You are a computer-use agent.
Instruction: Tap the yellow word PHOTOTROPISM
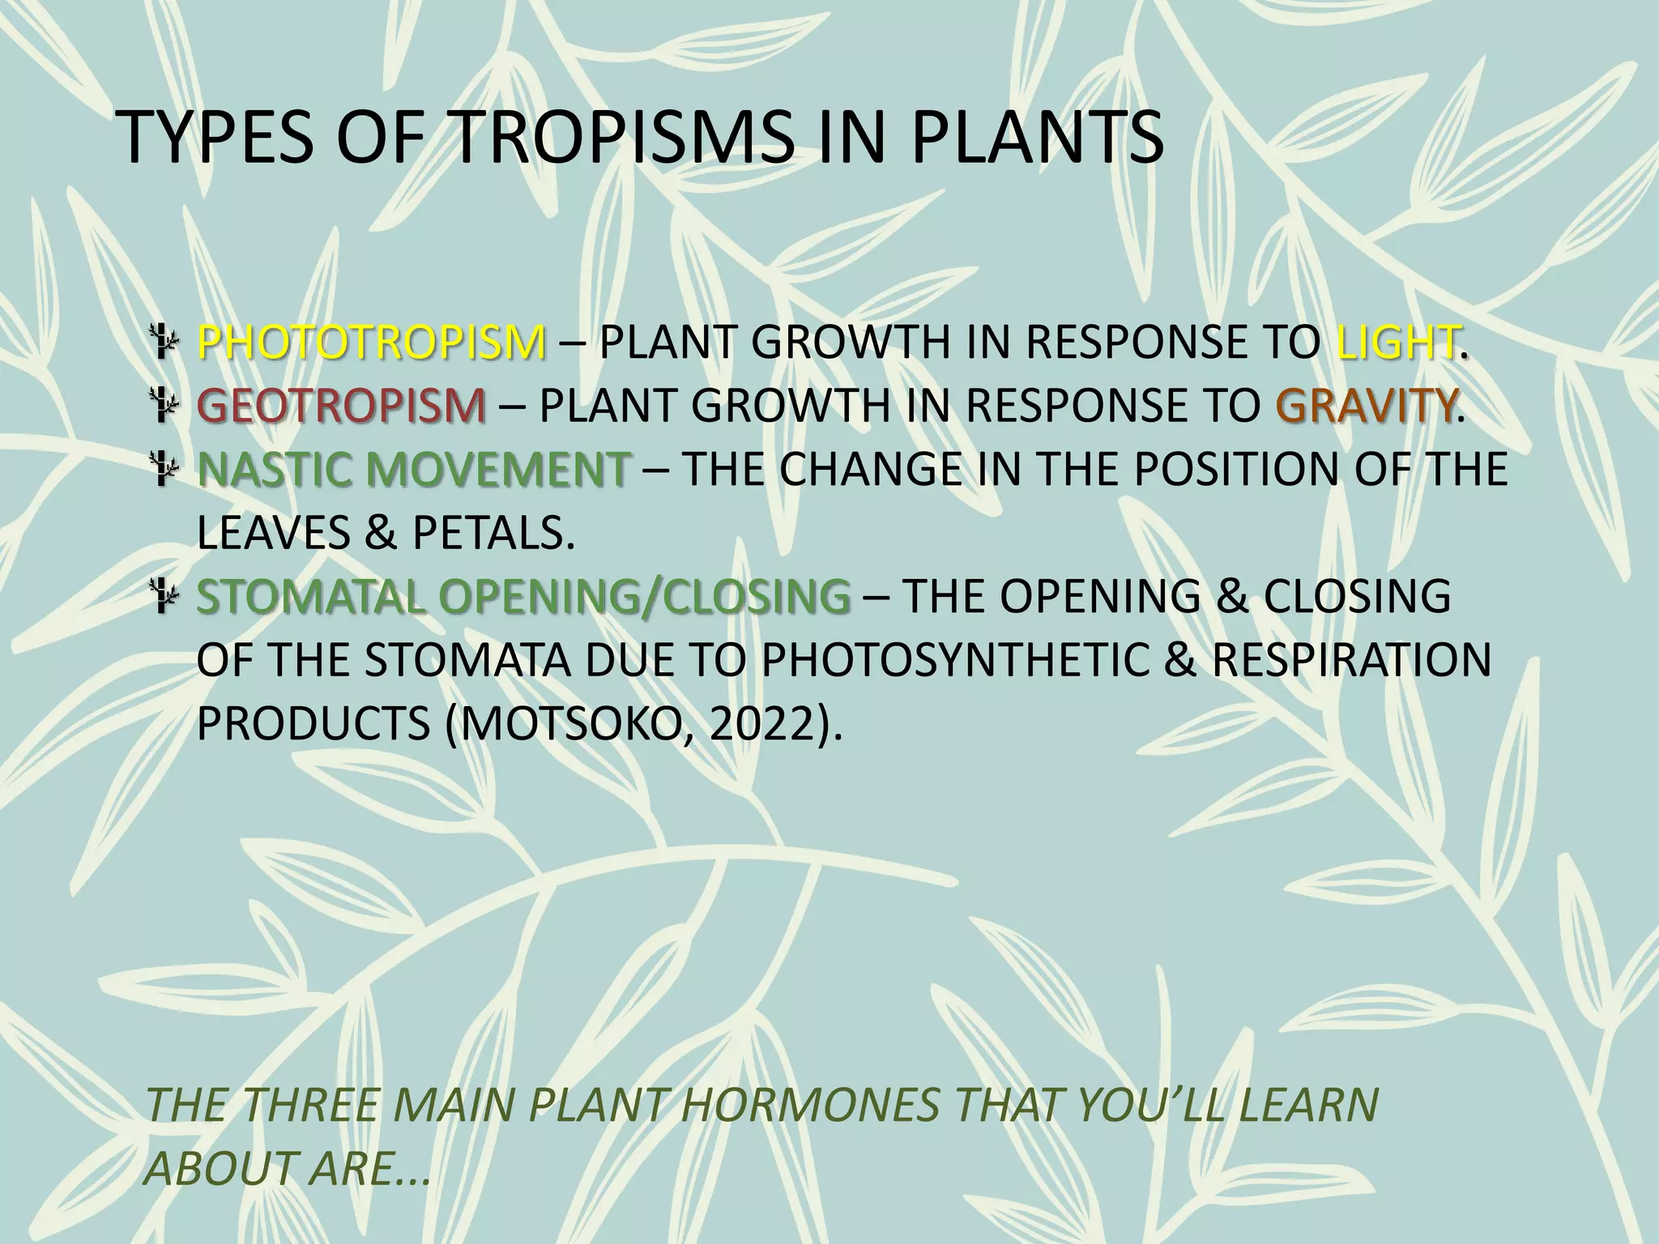tap(372, 343)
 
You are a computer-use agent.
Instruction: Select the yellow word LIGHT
tap(1397, 343)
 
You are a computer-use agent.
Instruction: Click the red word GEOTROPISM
tap(342, 406)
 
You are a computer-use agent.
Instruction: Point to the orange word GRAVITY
tap(1365, 406)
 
